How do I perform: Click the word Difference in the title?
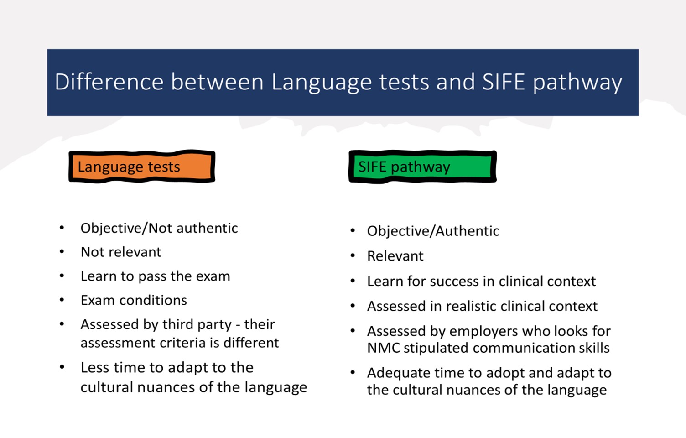pyautogui.click(x=109, y=82)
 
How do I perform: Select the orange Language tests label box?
pyautogui.click(x=142, y=167)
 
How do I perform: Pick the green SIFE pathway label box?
pyautogui.click(x=422, y=167)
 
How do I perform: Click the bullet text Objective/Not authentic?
pyautogui.click(x=159, y=228)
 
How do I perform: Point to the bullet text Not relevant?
pyautogui.click(x=121, y=252)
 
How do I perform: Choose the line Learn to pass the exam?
pyautogui.click(x=155, y=276)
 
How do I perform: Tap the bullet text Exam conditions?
pyautogui.click(x=134, y=300)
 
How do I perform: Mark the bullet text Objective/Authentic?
pyautogui.click(x=433, y=231)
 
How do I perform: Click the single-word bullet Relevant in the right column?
pyautogui.click(x=395, y=256)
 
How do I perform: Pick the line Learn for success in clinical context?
pyautogui.click(x=481, y=281)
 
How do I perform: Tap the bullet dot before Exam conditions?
pyautogui.click(x=62, y=300)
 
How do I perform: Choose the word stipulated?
pyautogui.click(x=436, y=348)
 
